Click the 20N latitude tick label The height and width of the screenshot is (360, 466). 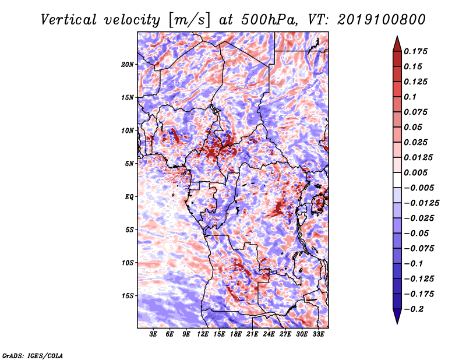click(x=128, y=65)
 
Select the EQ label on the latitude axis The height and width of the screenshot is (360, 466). click(x=129, y=197)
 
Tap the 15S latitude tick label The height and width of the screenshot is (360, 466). click(x=128, y=296)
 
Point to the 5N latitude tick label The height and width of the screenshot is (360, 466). click(x=129, y=164)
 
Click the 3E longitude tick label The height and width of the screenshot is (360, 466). click(x=153, y=334)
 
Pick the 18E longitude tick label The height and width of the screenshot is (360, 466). click(x=236, y=334)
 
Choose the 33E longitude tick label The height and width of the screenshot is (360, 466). click(x=318, y=334)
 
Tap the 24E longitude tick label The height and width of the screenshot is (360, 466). click(x=269, y=334)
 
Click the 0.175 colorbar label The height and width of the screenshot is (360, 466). click(x=415, y=51)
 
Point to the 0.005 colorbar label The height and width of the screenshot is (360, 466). click(x=415, y=172)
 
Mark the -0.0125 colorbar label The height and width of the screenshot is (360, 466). click(x=421, y=203)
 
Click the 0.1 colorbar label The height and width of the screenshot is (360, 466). click(x=410, y=97)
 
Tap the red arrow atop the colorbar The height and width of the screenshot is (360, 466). click(x=397, y=44)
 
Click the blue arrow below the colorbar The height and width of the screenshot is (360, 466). click(x=397, y=316)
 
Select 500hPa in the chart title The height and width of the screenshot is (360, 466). click(x=269, y=20)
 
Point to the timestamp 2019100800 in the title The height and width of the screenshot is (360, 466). click(x=381, y=20)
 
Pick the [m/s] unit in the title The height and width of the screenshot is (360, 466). click(x=189, y=20)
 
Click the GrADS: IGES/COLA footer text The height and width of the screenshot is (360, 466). click(x=33, y=355)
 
